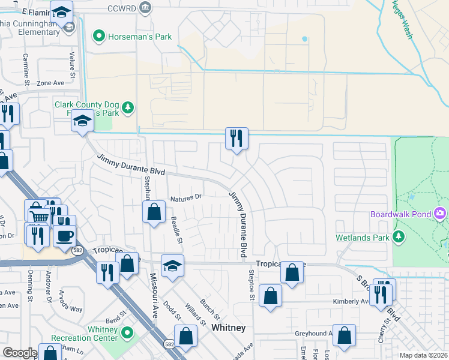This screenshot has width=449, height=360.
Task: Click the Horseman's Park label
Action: tap(140, 37)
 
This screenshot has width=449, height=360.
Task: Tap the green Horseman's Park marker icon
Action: tap(98, 37)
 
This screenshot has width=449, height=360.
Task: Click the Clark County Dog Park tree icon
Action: tap(127, 108)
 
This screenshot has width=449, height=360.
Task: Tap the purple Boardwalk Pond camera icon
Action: tap(441, 213)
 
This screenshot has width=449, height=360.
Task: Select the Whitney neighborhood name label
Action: tap(228, 328)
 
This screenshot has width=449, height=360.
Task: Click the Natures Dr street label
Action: tap(187, 197)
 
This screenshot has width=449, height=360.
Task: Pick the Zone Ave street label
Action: tap(50, 83)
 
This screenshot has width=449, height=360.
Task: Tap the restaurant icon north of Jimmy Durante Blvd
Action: tap(237, 138)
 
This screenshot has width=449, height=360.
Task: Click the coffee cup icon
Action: tap(65, 235)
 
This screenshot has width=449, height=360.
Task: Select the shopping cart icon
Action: tap(38, 217)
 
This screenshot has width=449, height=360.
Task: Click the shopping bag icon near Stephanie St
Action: tap(154, 211)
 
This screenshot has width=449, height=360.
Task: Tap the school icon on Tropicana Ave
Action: tap(172, 265)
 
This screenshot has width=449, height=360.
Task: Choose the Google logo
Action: tap(20, 353)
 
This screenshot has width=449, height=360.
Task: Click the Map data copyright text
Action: tap(423, 355)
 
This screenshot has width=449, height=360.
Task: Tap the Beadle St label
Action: tap(176, 230)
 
